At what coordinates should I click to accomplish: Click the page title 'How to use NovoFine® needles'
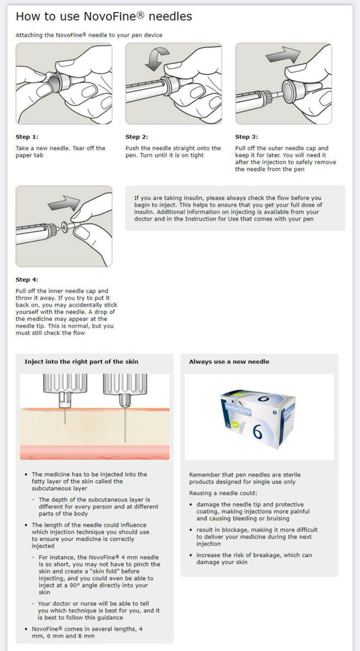[x=104, y=17]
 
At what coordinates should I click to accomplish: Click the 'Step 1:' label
[x=27, y=137]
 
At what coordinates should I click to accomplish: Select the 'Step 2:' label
[x=136, y=137]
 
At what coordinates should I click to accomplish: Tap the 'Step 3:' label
[x=247, y=137]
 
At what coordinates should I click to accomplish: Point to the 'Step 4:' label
[x=27, y=280]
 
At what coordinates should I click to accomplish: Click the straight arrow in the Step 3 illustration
[x=283, y=55]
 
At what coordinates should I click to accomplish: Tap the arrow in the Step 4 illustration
[x=64, y=203]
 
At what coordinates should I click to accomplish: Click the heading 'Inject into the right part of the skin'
[x=81, y=361]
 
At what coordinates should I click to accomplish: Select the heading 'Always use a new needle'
[x=229, y=361]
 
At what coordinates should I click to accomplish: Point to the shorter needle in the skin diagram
[x=65, y=415]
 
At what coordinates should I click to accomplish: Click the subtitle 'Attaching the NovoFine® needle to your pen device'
[x=89, y=35]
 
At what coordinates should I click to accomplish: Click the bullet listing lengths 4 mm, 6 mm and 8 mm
[x=86, y=632]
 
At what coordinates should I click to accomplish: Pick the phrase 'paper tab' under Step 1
[x=28, y=155]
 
